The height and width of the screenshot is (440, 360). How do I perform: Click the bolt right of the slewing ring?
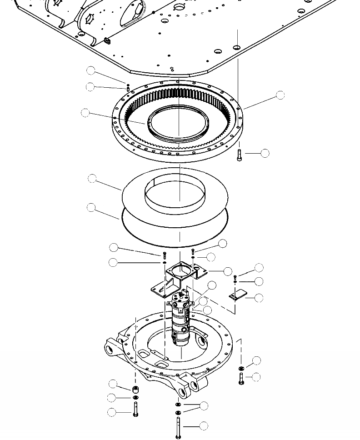coord(240,155)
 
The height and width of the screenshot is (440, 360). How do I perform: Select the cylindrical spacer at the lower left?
coord(135,390)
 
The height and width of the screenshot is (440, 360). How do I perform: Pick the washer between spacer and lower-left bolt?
coord(135,398)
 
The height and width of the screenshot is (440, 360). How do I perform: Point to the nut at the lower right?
coord(241,368)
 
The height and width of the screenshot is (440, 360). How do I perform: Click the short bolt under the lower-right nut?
coord(241,378)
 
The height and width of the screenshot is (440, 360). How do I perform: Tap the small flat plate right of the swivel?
coord(237,295)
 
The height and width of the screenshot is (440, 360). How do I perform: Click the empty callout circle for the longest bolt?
coord(204,426)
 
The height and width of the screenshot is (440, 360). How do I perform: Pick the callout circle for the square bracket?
coord(228,271)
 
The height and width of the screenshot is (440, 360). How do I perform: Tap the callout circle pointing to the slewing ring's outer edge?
coord(280,95)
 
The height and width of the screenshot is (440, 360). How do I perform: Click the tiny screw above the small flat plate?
coord(235,277)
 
